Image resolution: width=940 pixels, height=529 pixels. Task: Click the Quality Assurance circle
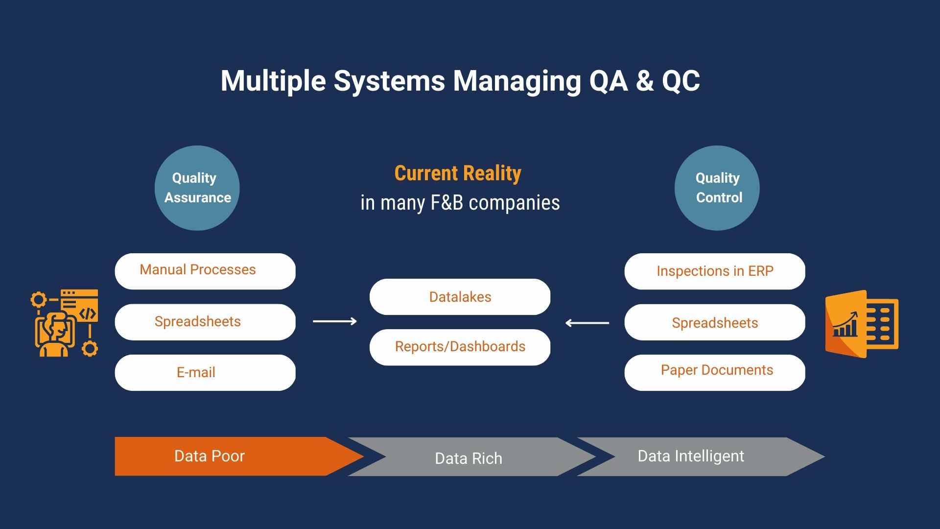197,188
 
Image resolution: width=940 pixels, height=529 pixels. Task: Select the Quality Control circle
717,188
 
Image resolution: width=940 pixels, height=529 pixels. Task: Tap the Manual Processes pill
205,271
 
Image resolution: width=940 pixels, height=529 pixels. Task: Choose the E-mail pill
205,372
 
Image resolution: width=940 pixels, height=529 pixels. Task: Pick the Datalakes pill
460,297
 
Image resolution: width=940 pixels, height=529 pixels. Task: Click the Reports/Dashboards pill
460,347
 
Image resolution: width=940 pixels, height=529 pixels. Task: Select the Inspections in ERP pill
714,271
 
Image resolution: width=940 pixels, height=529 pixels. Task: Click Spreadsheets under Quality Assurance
205,322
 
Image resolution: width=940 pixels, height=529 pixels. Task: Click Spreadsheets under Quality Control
714,322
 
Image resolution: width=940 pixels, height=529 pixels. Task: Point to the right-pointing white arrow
335,321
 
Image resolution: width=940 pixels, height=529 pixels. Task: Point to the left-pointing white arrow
587,323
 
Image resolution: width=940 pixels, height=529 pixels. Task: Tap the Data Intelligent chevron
695,457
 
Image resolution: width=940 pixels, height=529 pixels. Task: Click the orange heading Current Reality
458,173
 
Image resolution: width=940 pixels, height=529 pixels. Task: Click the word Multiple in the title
273,81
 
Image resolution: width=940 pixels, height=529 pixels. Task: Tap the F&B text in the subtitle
446,203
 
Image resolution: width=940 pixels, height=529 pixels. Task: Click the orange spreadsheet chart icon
862,323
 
